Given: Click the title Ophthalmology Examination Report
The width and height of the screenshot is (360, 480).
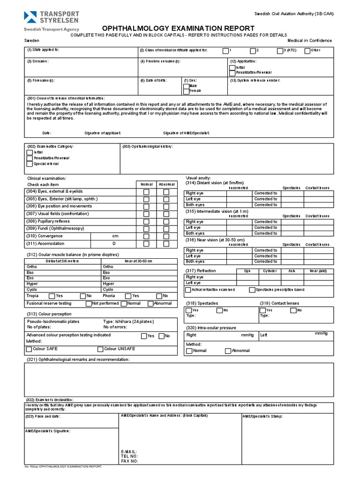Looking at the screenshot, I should point(180,28).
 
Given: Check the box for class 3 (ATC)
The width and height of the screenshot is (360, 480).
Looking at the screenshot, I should point(280,51).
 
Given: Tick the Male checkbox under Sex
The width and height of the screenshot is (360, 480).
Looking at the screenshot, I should point(186,86).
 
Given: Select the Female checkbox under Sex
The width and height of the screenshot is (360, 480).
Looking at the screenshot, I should point(186,90).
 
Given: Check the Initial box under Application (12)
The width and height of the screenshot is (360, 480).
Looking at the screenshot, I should point(232,67).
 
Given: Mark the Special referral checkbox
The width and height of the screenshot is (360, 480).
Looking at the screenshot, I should point(30,164).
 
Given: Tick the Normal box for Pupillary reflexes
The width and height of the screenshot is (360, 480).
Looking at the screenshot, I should point(147,221).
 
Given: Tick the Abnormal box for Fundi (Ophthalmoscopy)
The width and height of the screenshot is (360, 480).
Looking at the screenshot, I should point(166,229).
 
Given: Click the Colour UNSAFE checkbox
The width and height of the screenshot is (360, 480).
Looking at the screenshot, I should point(100,349).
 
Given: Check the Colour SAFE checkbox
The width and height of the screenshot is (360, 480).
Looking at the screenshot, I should point(29,349).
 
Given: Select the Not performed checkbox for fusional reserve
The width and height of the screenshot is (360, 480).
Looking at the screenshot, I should point(89,304).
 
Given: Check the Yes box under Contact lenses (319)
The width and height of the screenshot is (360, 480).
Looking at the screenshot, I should point(262,310).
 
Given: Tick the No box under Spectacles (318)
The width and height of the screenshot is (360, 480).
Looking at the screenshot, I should point(219,310).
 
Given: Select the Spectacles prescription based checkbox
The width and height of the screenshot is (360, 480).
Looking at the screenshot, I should point(252,290).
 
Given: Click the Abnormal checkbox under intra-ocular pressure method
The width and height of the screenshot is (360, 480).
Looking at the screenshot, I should point(228,351).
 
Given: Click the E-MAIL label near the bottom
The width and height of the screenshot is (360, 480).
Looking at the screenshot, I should point(129,451).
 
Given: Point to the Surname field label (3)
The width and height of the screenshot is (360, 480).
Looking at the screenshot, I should point(37,61).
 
